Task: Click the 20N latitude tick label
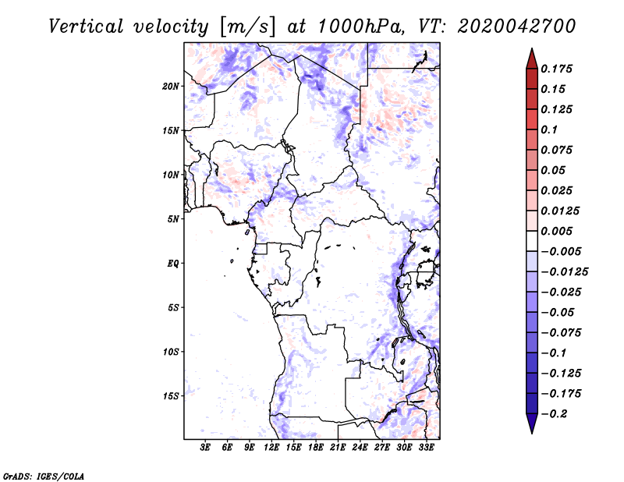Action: [x=172, y=86]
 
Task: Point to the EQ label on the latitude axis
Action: [x=173, y=263]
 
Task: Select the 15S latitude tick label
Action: [x=172, y=395]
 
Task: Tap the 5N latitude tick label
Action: [x=174, y=218]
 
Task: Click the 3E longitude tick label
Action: [x=206, y=448]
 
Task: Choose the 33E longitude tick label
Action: [x=426, y=448]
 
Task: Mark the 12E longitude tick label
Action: [x=272, y=448]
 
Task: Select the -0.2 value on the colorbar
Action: [x=555, y=413]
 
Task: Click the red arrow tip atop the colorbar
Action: [x=531, y=55]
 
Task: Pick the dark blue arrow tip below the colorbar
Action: [x=531, y=427]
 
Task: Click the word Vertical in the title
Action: [x=87, y=26]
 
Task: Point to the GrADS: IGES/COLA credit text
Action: [x=44, y=475]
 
